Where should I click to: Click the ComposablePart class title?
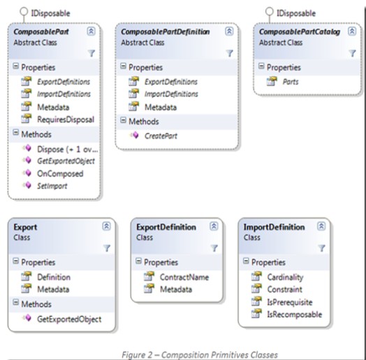[x=41, y=31]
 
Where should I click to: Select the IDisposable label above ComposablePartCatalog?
[x=296, y=13]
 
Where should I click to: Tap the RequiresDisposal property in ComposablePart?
[x=66, y=120]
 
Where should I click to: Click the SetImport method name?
[x=52, y=186]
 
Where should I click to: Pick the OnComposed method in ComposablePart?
[x=60, y=173]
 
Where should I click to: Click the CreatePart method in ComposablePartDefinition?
[x=161, y=136]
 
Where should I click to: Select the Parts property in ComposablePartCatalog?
[x=291, y=82]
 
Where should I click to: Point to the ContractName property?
[x=184, y=278]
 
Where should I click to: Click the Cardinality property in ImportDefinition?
[x=285, y=278]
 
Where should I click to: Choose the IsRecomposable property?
[x=295, y=315]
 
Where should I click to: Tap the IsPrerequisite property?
[x=290, y=302]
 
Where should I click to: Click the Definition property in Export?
[x=54, y=278]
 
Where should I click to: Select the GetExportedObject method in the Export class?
[x=69, y=319]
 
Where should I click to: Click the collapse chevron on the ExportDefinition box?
[x=214, y=226]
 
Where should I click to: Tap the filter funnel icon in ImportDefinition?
[x=321, y=248]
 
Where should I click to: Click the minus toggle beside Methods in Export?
[x=15, y=302]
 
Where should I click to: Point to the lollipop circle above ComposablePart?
[x=24, y=11]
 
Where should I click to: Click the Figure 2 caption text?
[x=200, y=355]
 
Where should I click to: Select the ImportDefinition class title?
[x=274, y=227]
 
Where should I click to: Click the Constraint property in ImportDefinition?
[x=285, y=289]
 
